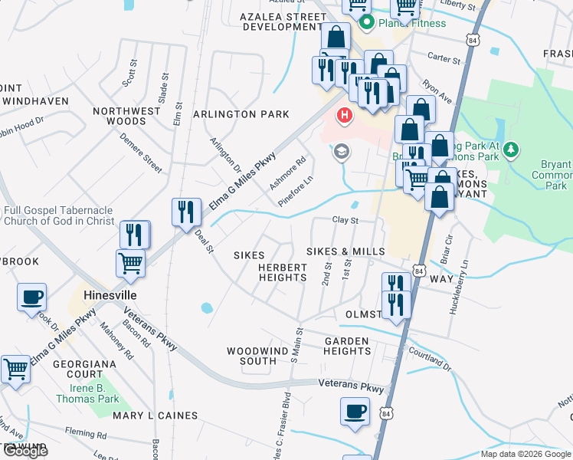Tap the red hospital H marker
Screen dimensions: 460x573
pos(345,116)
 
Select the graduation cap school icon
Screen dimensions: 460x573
pos(340,152)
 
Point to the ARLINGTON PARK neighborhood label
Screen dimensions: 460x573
pos(241,114)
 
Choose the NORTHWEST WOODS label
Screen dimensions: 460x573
pos(127,116)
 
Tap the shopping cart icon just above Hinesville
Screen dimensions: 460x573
pos(130,262)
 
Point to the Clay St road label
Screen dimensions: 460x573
pos(345,220)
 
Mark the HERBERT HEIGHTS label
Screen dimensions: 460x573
pos(283,272)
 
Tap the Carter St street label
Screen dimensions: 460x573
pos(444,58)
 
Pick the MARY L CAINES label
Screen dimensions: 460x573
pos(156,416)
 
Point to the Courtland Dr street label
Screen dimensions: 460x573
pos(430,357)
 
